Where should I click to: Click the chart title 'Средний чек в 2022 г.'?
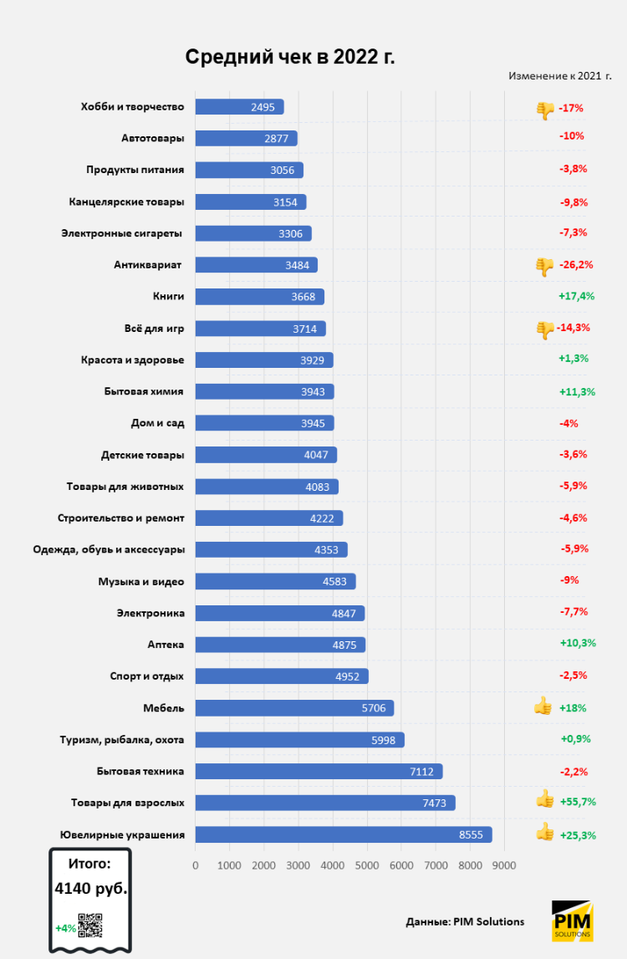point(289,57)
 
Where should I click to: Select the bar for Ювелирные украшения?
point(343,834)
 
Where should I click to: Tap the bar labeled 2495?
point(239,107)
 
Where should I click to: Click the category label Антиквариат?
point(148,265)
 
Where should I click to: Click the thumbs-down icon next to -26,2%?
point(544,266)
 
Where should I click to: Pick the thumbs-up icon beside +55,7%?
point(545,800)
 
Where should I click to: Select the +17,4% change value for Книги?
point(576,296)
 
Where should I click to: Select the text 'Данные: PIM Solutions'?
point(465,921)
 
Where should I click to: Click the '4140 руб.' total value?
point(91,888)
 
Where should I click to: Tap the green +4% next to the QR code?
point(66,927)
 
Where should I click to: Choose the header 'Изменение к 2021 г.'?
point(559,76)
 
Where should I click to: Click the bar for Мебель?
point(294,708)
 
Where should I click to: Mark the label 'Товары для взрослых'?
point(127,803)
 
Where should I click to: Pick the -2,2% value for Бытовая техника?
point(573,771)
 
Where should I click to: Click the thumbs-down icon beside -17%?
point(545,110)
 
